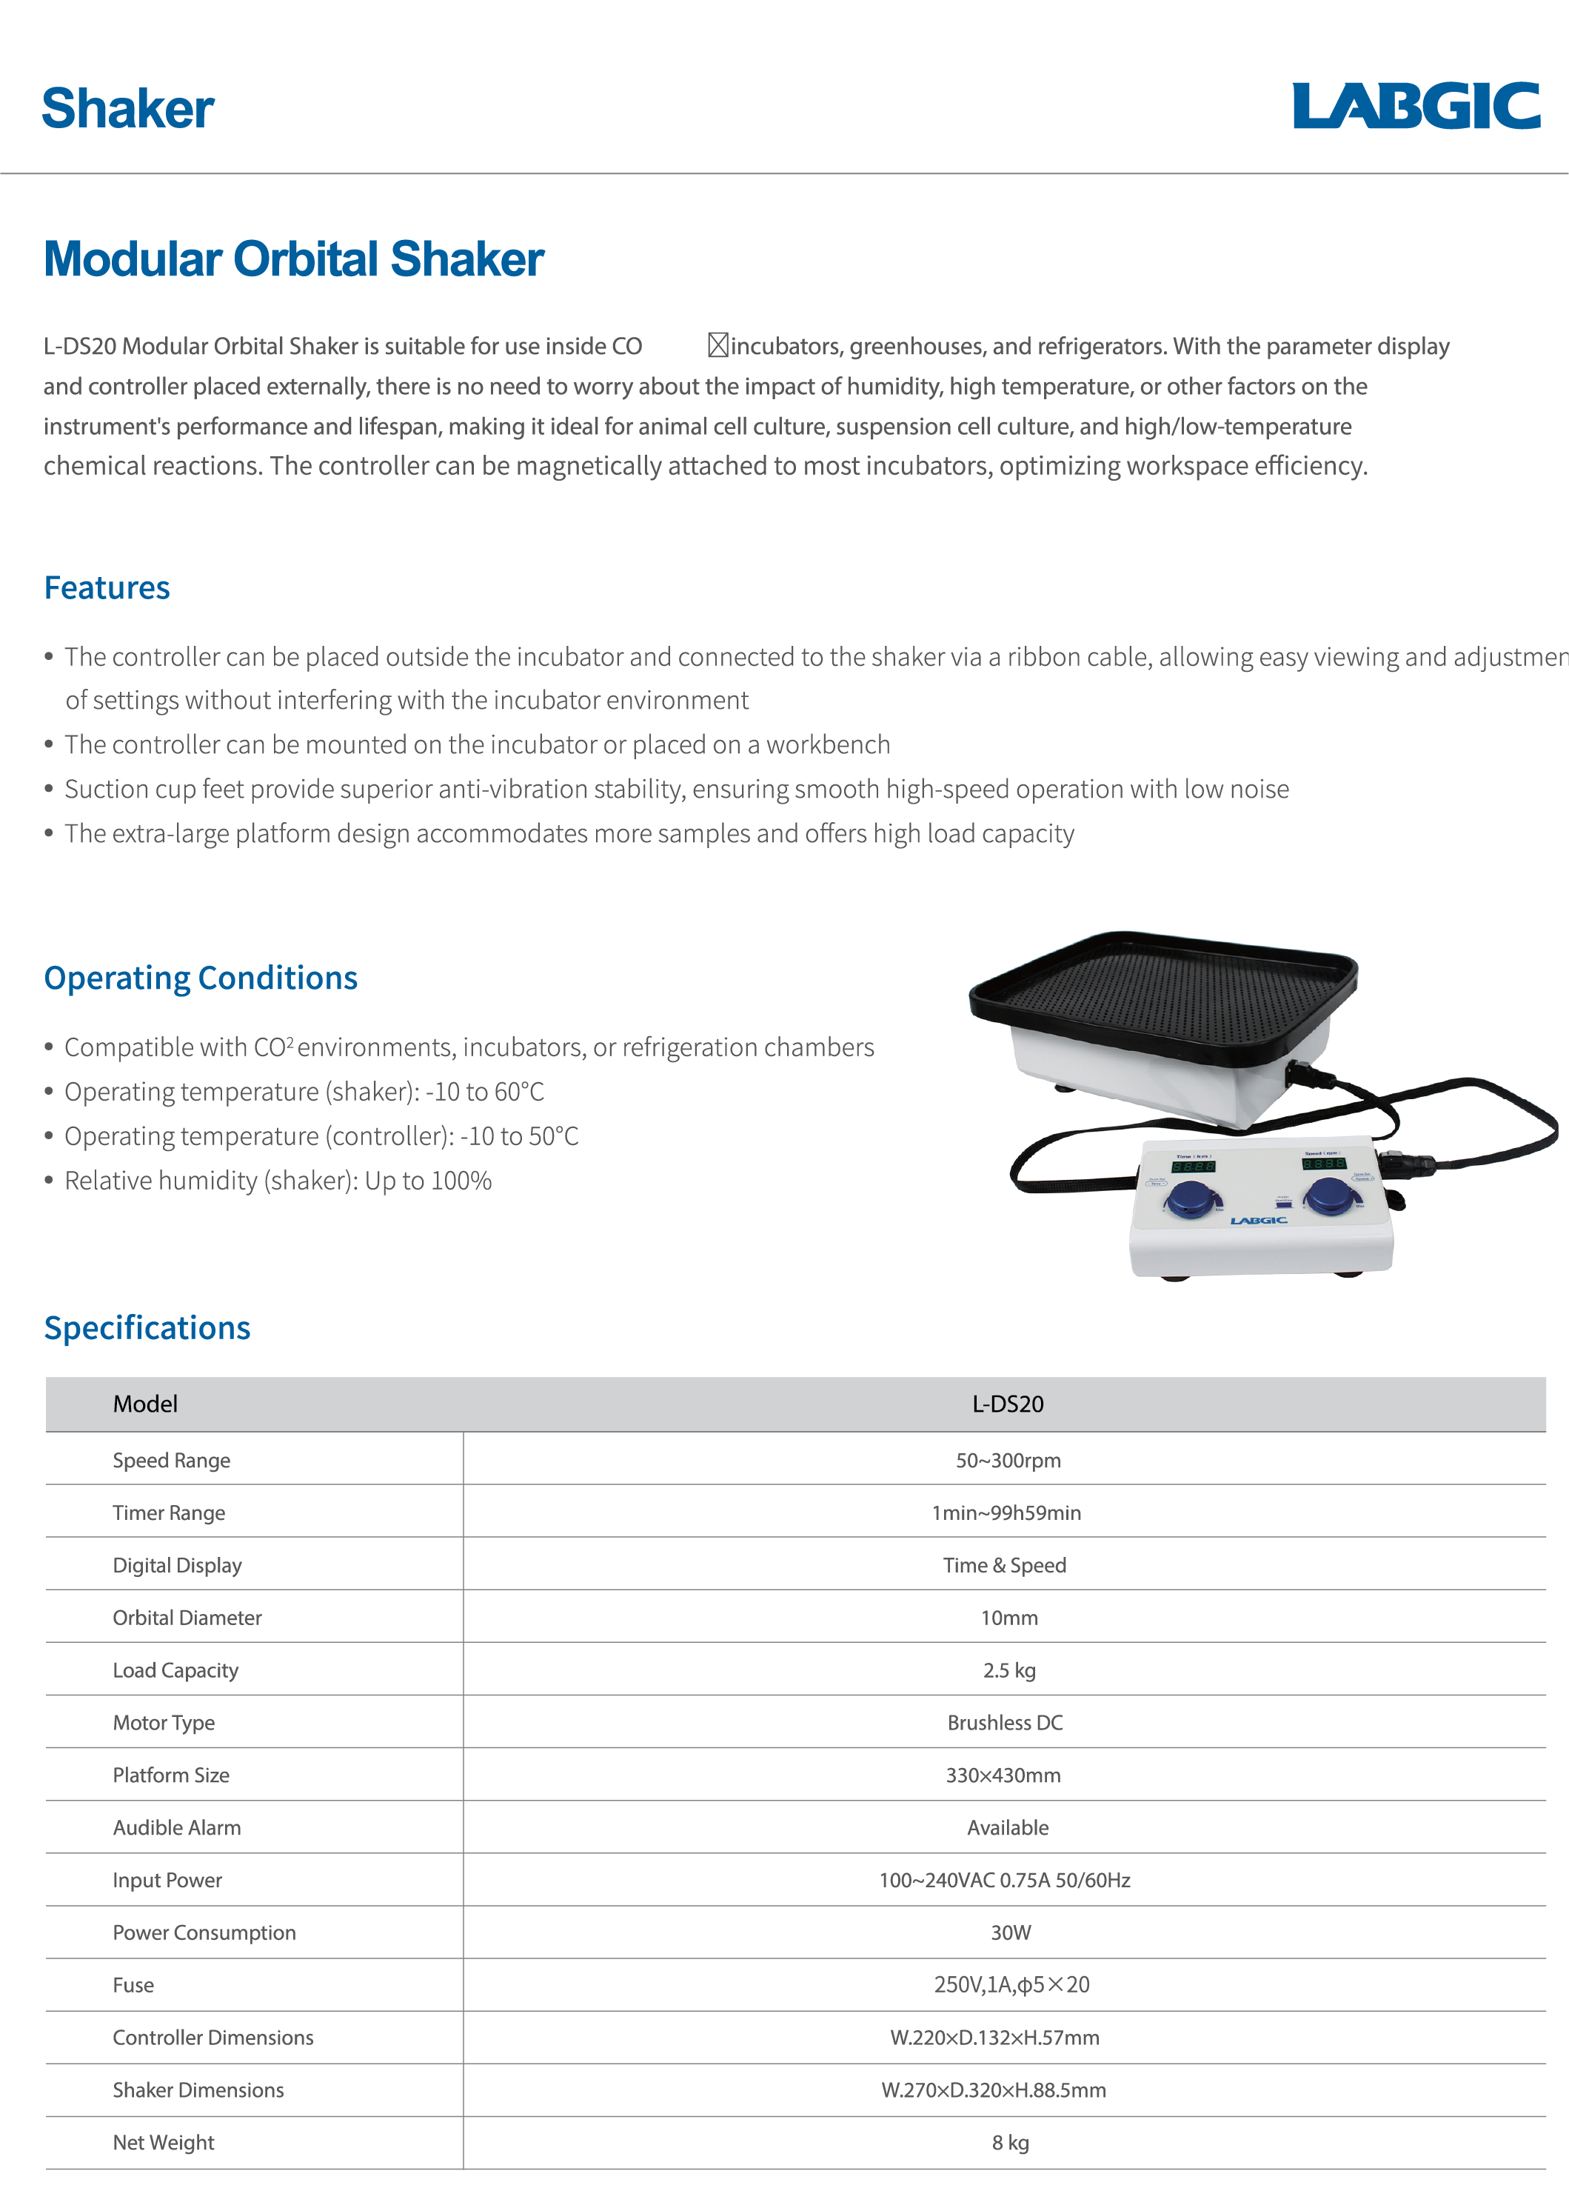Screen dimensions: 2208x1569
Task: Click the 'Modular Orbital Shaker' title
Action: [294, 259]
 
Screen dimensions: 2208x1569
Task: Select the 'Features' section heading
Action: [107, 587]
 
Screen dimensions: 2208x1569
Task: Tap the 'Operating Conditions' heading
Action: [201, 978]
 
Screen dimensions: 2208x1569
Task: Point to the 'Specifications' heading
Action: [147, 1328]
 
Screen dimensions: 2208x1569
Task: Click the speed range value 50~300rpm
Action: [1008, 1460]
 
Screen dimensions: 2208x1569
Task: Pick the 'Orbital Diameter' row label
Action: [187, 1618]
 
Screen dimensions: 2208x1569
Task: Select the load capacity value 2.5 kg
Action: [1008, 1670]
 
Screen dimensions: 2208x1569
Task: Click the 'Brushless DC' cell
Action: [1005, 1723]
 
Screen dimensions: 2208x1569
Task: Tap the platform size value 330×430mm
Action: [1003, 1775]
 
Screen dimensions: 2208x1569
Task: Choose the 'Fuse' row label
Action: [133, 1985]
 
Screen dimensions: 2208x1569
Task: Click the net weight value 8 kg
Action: [1010, 2142]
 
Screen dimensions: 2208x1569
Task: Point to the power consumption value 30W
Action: [1011, 1932]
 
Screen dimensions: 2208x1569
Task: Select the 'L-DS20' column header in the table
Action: [1008, 1404]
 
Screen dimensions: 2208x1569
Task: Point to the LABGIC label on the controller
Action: [1258, 1221]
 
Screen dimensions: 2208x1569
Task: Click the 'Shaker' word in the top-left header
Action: [127, 108]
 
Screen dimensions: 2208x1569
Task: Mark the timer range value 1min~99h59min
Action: [1006, 1513]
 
